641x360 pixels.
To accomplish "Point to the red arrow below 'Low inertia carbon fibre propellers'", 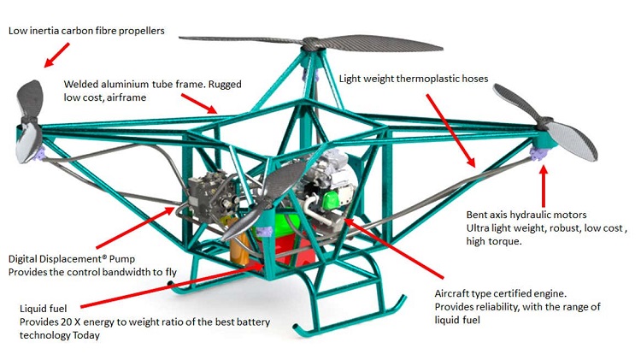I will pos(57,54).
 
